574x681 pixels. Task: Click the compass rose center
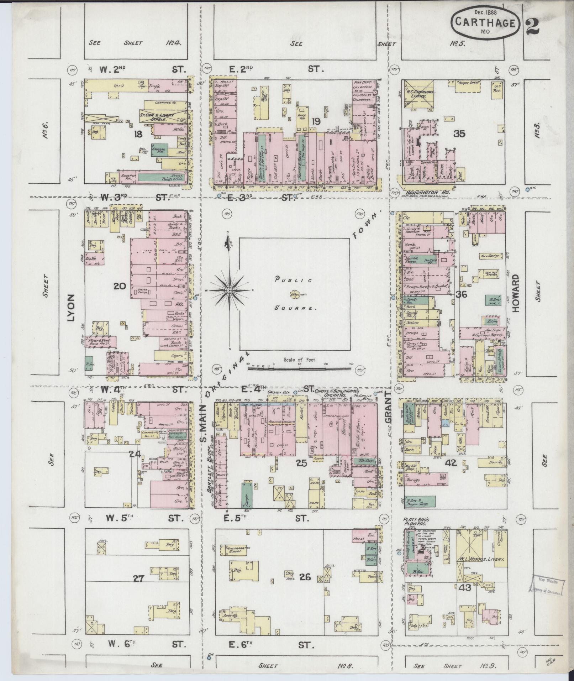click(230, 291)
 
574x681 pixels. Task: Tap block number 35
click(459, 134)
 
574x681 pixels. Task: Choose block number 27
click(138, 579)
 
